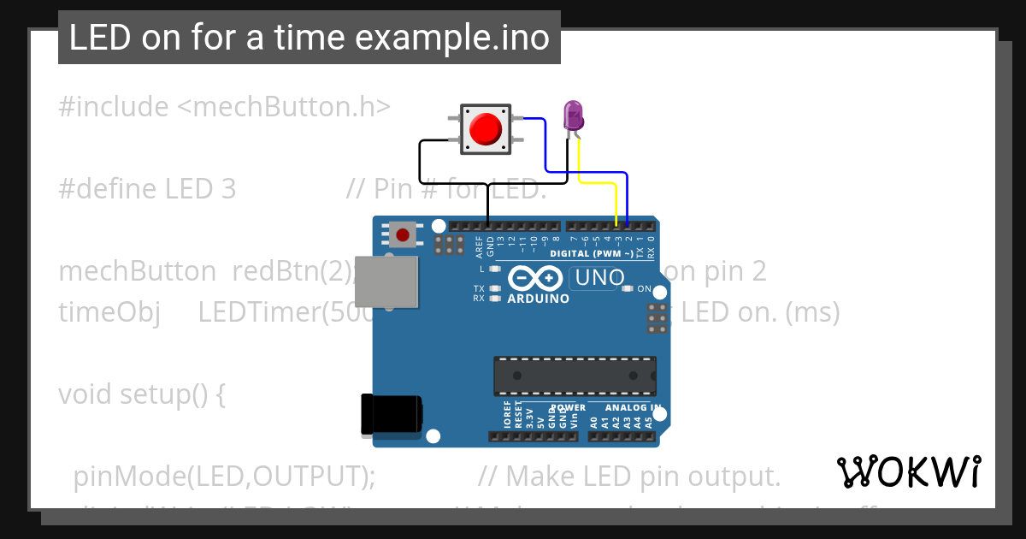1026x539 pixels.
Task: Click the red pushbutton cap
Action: (x=486, y=129)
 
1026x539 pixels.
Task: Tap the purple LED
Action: (x=572, y=115)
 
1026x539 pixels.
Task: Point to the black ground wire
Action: (x=421, y=163)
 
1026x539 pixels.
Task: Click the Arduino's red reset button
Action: (x=402, y=234)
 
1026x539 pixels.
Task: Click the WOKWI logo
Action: (x=908, y=471)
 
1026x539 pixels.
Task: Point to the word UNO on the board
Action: (x=599, y=278)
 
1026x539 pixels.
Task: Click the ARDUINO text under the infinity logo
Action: (x=538, y=299)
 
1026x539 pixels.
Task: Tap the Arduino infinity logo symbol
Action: (x=535, y=279)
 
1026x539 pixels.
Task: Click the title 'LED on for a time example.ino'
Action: (x=309, y=38)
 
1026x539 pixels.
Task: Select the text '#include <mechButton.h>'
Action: (x=224, y=107)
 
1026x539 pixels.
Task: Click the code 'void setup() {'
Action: (x=142, y=394)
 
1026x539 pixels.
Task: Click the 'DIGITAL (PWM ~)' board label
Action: (x=592, y=254)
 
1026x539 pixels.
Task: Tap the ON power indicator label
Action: (x=644, y=288)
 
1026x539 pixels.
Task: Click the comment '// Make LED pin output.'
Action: (x=629, y=476)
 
